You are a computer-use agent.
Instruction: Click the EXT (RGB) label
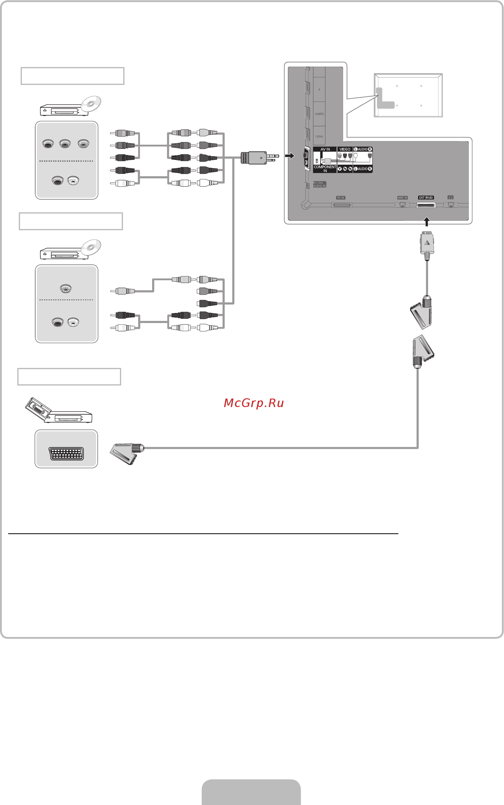[426, 197]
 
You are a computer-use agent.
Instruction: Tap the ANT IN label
[402, 198]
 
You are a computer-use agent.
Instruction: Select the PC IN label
[340, 198]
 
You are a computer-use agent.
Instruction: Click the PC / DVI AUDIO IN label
[319, 184]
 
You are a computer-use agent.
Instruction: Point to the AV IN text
[325, 149]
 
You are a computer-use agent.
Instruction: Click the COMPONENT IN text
[325, 169]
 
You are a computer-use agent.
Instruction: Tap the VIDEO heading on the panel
[345, 149]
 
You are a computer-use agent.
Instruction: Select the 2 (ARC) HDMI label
[319, 114]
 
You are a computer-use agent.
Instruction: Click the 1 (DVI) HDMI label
[319, 136]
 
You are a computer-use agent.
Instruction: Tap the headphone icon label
[450, 197]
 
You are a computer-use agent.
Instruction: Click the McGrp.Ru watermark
[254, 403]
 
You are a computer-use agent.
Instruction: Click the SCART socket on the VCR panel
[66, 453]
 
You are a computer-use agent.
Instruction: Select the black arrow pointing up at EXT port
[426, 221]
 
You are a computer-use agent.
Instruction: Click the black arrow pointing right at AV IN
[290, 156]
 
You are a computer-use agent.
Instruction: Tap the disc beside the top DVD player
[91, 104]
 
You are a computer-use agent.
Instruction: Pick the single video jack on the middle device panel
[66, 288]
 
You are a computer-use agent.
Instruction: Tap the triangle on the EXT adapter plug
[427, 243]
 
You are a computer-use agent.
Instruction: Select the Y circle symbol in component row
[339, 169]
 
